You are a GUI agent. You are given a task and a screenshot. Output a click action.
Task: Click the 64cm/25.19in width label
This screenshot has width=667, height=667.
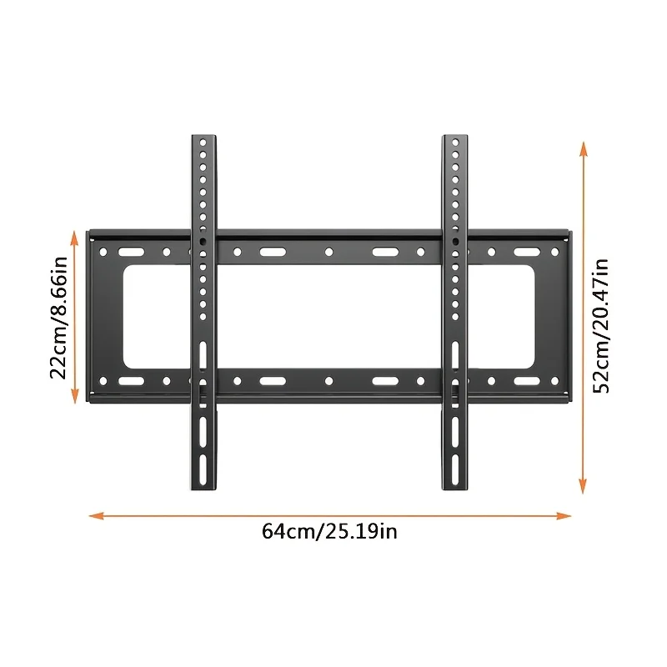(329, 531)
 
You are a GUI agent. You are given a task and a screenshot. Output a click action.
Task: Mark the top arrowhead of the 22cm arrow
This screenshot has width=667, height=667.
(76, 238)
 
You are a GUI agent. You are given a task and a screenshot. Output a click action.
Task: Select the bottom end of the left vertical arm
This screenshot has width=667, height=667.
(203, 487)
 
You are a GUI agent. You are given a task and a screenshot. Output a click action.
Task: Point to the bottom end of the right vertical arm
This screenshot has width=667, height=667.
(455, 487)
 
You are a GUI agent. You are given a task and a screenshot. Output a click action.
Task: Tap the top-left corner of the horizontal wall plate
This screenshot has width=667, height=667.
(90, 233)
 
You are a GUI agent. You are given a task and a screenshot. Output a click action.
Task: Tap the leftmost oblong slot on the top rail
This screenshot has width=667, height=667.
(130, 252)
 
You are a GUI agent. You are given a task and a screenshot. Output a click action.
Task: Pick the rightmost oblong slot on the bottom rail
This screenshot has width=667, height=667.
(525, 381)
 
